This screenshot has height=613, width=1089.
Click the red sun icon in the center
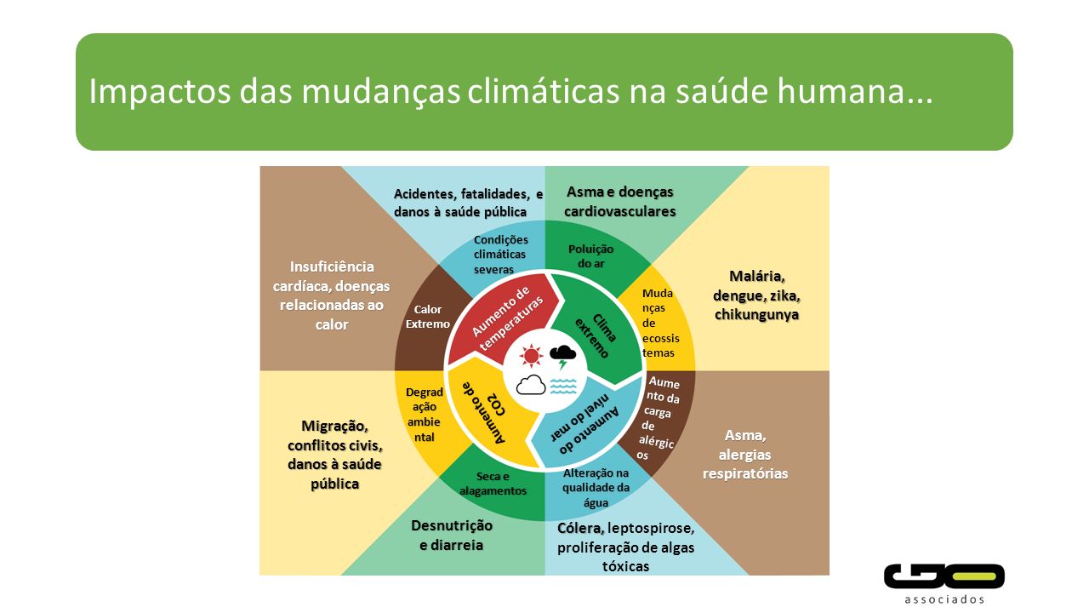[531, 355]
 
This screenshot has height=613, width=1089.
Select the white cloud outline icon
[531, 385]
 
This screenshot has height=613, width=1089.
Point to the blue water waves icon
[563, 386]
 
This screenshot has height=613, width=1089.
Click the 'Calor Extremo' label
[428, 317]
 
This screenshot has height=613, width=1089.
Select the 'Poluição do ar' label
[590, 256]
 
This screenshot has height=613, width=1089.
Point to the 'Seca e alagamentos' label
[493, 484]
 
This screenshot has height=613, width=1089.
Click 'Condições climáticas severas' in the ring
[500, 255]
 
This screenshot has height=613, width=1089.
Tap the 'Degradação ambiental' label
[425, 415]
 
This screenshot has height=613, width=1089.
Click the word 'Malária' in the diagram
[756, 277]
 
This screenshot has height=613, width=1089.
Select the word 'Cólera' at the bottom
[580, 529]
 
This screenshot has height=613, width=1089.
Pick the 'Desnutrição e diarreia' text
[452, 536]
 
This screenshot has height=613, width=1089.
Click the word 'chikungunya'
[756, 315]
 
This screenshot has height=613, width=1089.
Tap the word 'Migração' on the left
[334, 427]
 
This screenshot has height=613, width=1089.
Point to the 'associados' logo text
[944, 599]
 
